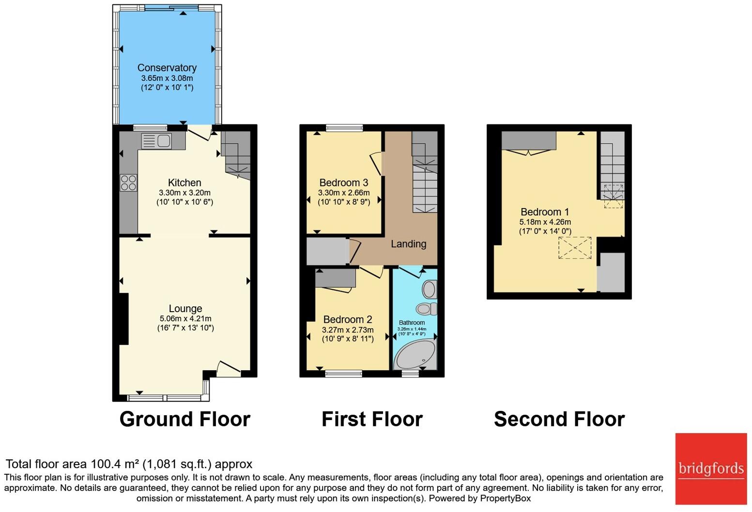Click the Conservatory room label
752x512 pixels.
click(167, 68)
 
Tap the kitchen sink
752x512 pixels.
click(156, 141)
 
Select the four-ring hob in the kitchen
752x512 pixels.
click(128, 183)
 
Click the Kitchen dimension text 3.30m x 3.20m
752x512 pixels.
click(184, 193)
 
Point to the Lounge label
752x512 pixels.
click(185, 308)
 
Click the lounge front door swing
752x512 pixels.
click(229, 369)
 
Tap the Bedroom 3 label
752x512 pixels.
click(343, 182)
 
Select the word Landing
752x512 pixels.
click(408, 244)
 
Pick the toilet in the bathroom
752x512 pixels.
click(426, 308)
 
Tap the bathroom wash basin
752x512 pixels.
click(429, 289)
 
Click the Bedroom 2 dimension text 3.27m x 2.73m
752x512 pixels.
click(348, 330)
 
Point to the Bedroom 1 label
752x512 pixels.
click(545, 212)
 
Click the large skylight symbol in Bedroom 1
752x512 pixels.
click(575, 248)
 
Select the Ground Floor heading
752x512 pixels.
click(184, 419)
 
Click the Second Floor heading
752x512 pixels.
click(559, 419)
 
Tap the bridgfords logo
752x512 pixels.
click(711, 468)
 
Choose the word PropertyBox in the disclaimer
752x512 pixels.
click(505, 498)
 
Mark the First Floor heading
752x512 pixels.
click(372, 419)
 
